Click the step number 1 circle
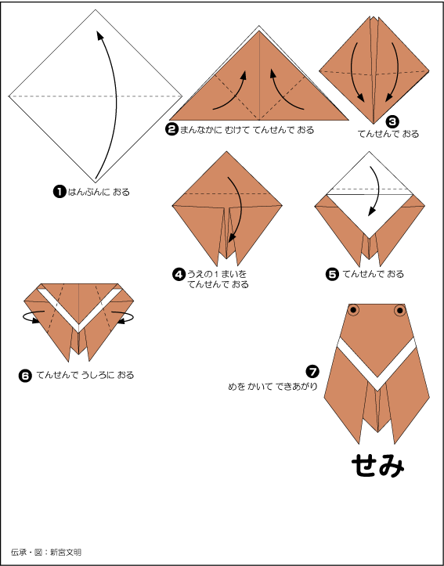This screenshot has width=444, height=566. (60, 191)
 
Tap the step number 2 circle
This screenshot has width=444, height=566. (172, 130)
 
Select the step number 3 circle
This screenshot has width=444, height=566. (392, 121)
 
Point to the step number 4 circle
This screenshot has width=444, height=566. (179, 274)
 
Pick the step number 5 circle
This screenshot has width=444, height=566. (332, 274)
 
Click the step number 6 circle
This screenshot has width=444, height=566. (25, 376)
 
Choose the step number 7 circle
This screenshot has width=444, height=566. (312, 371)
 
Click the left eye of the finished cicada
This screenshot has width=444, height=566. (354, 310)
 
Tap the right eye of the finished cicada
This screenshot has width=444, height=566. (400, 310)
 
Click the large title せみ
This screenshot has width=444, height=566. (378, 466)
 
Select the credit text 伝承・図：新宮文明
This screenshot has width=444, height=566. (46, 552)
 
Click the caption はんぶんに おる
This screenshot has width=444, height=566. (99, 192)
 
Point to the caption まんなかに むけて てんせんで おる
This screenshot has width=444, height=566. (247, 130)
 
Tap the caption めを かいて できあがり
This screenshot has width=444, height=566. (273, 387)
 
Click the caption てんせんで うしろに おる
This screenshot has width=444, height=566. (85, 376)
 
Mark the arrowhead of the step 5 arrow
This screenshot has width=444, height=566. (370, 212)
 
